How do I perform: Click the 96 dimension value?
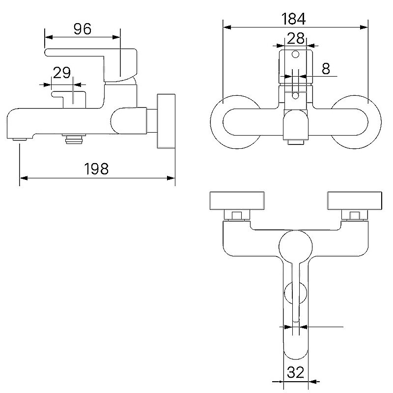83,29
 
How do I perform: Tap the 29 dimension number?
62,73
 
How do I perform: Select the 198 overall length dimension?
96,168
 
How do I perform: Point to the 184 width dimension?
293,19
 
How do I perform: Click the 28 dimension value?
296,38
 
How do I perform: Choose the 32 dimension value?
296,372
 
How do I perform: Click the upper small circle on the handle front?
296,54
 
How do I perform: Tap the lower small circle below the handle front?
296,95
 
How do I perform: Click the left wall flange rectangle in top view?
237,201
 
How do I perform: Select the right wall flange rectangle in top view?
355,201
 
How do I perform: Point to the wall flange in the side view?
166,121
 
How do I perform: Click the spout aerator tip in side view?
20,140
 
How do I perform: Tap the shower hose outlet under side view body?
74,139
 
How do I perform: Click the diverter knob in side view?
69,100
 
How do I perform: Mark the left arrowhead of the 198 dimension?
23,178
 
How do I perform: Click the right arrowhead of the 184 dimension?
364,28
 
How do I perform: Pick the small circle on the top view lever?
296,293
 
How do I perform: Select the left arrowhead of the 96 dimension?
49,37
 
